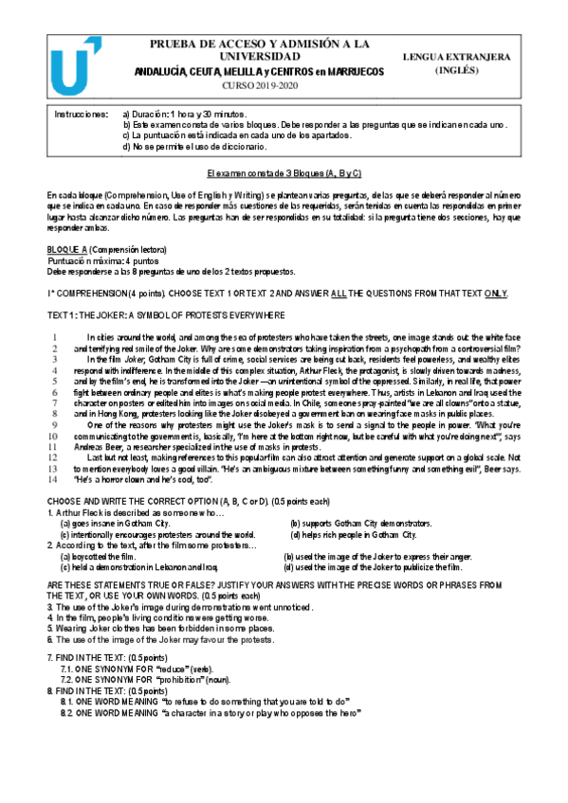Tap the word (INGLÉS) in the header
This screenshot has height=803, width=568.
pos(457,70)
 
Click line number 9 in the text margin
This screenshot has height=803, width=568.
pos(55,425)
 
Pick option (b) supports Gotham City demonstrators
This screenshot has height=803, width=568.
pos(360,523)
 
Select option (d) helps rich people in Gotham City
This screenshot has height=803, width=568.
pos(354,534)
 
